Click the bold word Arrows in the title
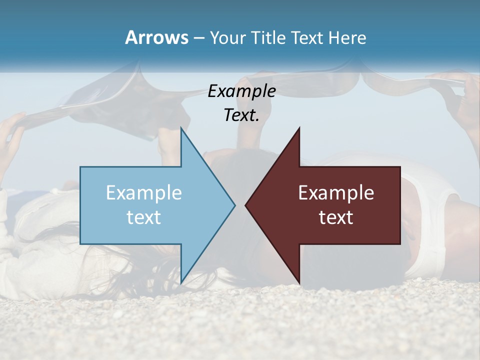point(156,37)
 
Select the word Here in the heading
point(347,38)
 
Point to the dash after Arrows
point(198,38)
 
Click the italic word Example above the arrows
point(241,91)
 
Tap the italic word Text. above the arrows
point(241,115)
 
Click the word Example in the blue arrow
point(144,193)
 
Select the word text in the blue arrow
point(144,217)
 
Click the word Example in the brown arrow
point(336,193)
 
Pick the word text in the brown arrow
point(336,217)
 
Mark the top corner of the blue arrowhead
point(181,128)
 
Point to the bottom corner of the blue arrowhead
point(181,283)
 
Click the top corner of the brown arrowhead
point(299,128)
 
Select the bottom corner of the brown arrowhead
point(299,283)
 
